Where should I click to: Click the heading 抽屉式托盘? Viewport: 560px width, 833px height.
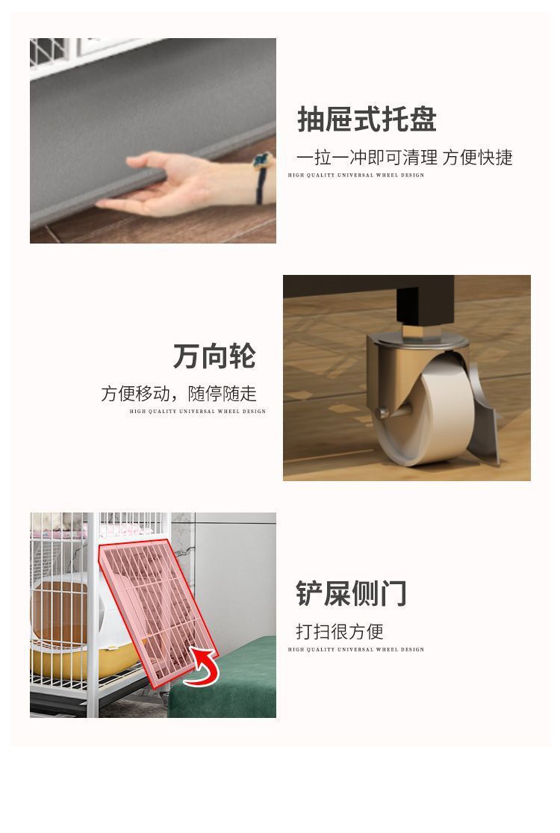(367, 120)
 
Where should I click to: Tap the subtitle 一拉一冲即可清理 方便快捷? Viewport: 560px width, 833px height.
(404, 158)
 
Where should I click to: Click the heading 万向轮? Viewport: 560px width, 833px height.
(214, 356)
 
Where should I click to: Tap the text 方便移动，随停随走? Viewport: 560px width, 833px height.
(178, 394)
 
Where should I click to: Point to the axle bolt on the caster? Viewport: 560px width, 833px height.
(382, 411)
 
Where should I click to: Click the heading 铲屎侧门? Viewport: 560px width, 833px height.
(351, 593)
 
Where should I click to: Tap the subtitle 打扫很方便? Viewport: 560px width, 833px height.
(339, 631)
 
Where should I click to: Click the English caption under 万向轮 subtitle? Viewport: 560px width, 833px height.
(197, 411)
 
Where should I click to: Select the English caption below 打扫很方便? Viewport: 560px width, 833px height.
(355, 649)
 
